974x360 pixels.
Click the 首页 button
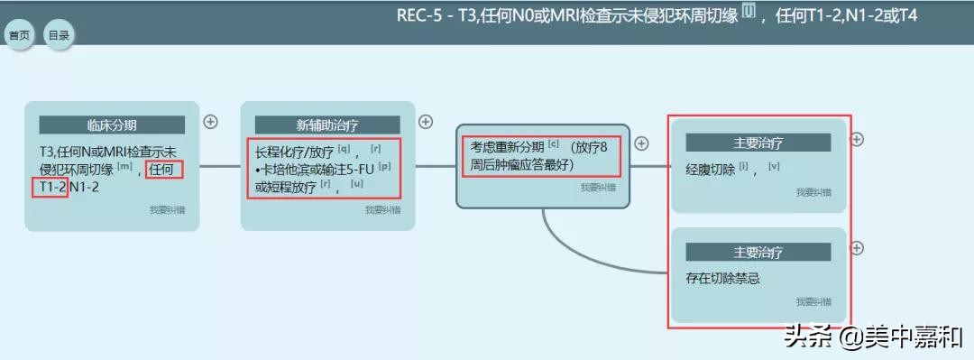19,35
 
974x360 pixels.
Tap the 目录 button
60,35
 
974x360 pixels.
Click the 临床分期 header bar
112,125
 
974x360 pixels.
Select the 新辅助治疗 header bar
327,125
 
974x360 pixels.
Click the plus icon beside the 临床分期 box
210,121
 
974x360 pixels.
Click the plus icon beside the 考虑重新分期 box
642,143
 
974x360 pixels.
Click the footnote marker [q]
344,147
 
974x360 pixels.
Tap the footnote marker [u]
357,183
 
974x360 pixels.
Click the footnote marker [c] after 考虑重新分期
553,143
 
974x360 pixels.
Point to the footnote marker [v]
774,165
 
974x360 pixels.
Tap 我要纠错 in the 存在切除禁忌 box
813,301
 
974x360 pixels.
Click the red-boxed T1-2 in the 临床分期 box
51,187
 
